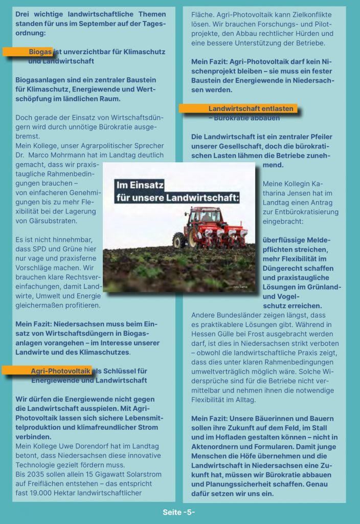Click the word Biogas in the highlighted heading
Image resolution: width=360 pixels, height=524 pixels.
(40, 52)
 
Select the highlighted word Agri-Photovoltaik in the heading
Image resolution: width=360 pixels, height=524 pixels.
(60, 370)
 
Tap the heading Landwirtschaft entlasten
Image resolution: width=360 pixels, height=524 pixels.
(251, 108)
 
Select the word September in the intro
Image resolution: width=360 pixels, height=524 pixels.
(107, 24)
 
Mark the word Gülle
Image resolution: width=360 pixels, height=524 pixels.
(238, 334)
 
